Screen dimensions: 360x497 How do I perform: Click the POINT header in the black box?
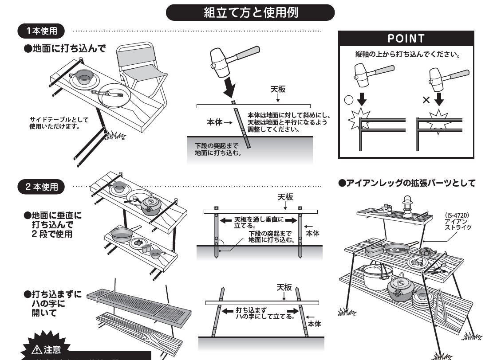pos(406,39)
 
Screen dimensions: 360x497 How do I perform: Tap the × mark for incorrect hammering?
pos(426,99)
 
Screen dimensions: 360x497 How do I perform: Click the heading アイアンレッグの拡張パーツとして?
pos(407,183)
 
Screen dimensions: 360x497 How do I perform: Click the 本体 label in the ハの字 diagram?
pos(314,324)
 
